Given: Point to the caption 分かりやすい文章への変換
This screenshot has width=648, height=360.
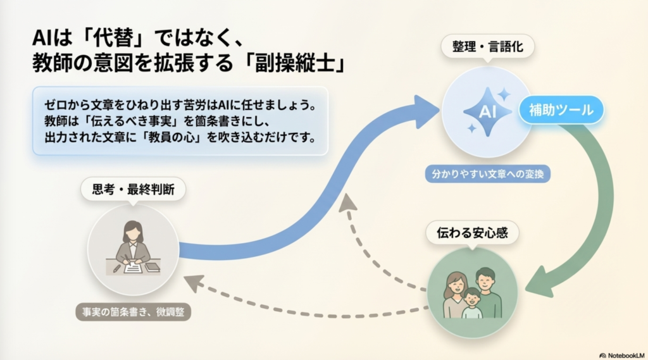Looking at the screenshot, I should pyautogui.click(x=487, y=173).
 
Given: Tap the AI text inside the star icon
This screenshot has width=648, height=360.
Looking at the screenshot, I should pyautogui.click(x=487, y=113).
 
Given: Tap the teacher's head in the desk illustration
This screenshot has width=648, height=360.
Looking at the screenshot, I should pyautogui.click(x=132, y=230).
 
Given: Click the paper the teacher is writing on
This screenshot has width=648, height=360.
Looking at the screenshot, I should pyautogui.click(x=133, y=268).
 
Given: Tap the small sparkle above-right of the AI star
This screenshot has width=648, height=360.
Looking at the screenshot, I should pyautogui.click(x=504, y=95).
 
